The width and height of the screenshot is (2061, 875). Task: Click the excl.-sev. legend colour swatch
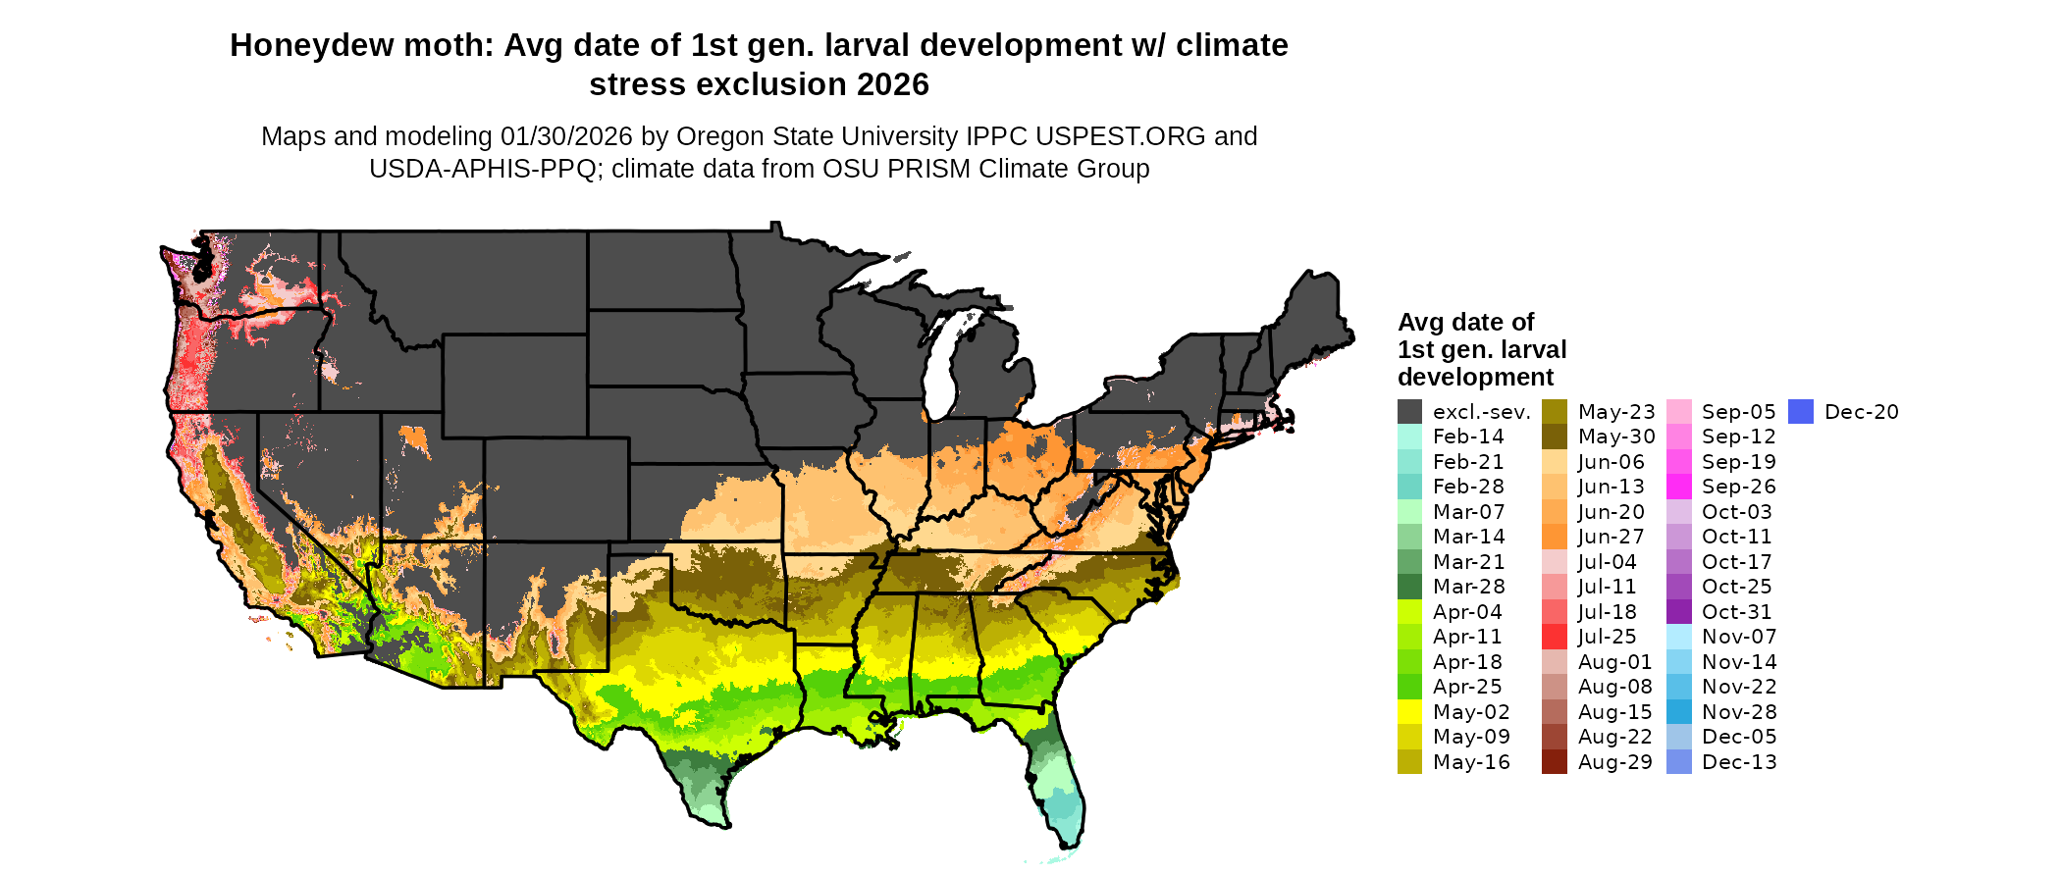[x=1409, y=412]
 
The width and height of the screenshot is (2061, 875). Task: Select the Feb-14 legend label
[x=1468, y=437]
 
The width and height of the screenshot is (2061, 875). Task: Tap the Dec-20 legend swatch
[x=1800, y=412]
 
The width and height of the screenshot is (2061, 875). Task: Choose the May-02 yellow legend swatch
[x=1409, y=712]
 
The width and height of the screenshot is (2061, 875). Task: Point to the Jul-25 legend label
[x=1607, y=637]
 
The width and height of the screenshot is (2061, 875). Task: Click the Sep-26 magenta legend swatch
[x=1678, y=487]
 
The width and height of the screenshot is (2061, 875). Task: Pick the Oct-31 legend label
[x=1738, y=612]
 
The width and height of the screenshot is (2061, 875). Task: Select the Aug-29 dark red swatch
[x=1554, y=762]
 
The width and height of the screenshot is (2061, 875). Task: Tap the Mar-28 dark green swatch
[x=1409, y=587]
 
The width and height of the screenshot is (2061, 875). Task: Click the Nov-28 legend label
[x=1739, y=712]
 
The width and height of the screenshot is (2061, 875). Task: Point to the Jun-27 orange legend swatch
[x=1554, y=537]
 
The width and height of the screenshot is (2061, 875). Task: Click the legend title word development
[x=1475, y=378]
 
